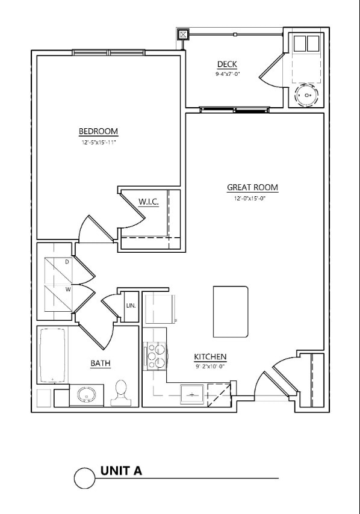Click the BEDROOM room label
tap(98, 131)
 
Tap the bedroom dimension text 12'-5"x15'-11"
tap(98, 143)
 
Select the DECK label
tap(227, 64)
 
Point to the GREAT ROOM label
tap(252, 187)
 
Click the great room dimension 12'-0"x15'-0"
tap(246, 199)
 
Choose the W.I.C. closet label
tap(148, 202)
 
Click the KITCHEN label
tap(210, 357)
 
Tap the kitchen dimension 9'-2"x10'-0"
tap(210, 366)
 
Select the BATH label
tap(100, 363)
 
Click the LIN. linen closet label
tap(131, 305)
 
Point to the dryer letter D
tap(67, 262)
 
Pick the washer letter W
tap(67, 289)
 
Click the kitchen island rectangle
tap(231, 311)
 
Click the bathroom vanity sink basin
tap(86, 395)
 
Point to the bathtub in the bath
tap(53, 355)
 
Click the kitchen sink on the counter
tap(191, 395)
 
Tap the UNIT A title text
tap(121, 471)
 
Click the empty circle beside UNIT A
tap(85, 478)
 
